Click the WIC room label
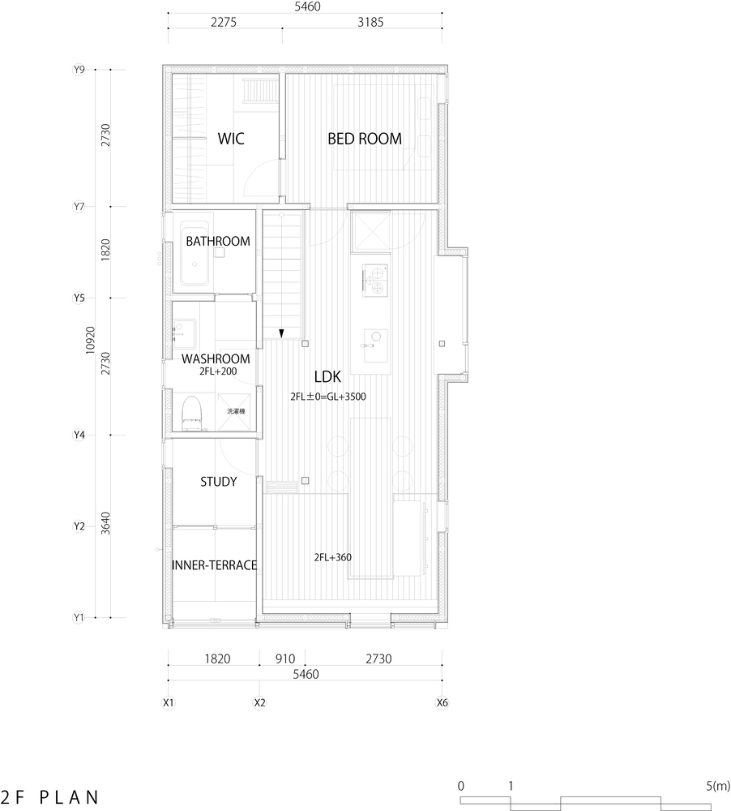point(231,139)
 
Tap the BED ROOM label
point(364,139)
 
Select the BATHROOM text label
point(217,242)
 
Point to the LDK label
point(330,377)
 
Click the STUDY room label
point(218,482)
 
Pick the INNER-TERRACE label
point(215,565)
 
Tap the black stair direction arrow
point(281,333)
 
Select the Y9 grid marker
point(79,70)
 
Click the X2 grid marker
point(259,702)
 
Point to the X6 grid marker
point(442,702)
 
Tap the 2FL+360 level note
point(332,557)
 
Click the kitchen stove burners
point(376,280)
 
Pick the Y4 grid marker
point(79,435)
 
